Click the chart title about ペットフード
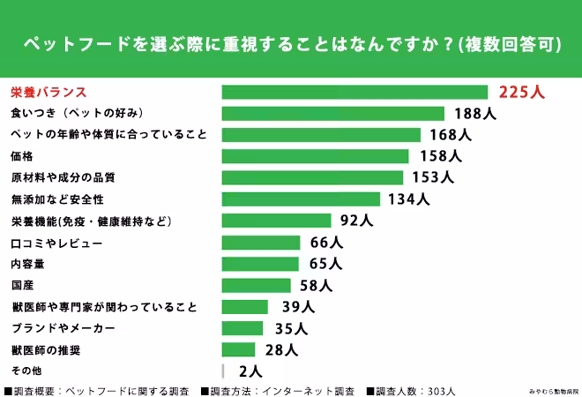[291, 45]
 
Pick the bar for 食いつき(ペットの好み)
[332, 113]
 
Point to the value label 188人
[475, 113]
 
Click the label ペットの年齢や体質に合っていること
[108, 135]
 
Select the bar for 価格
[315, 156]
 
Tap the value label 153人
[432, 177]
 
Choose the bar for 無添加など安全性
[301, 199]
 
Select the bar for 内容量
[260, 264]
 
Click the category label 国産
[22, 285]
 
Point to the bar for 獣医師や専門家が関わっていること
[244, 307]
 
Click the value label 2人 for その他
[250, 371]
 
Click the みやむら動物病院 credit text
[551, 390]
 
